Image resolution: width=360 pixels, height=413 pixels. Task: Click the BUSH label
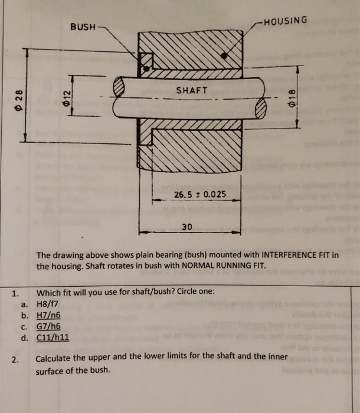tap(83, 27)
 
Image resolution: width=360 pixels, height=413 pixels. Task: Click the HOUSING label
tap(286, 21)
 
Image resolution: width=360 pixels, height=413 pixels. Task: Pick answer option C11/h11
tap(53, 339)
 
